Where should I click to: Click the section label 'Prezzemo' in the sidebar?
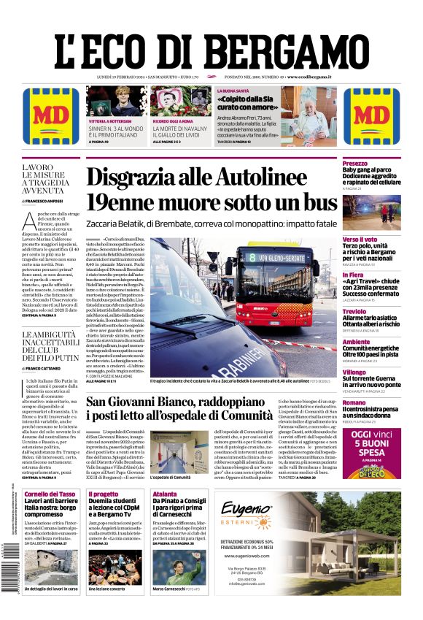(354, 164)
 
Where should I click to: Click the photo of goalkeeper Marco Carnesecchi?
(176, 566)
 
